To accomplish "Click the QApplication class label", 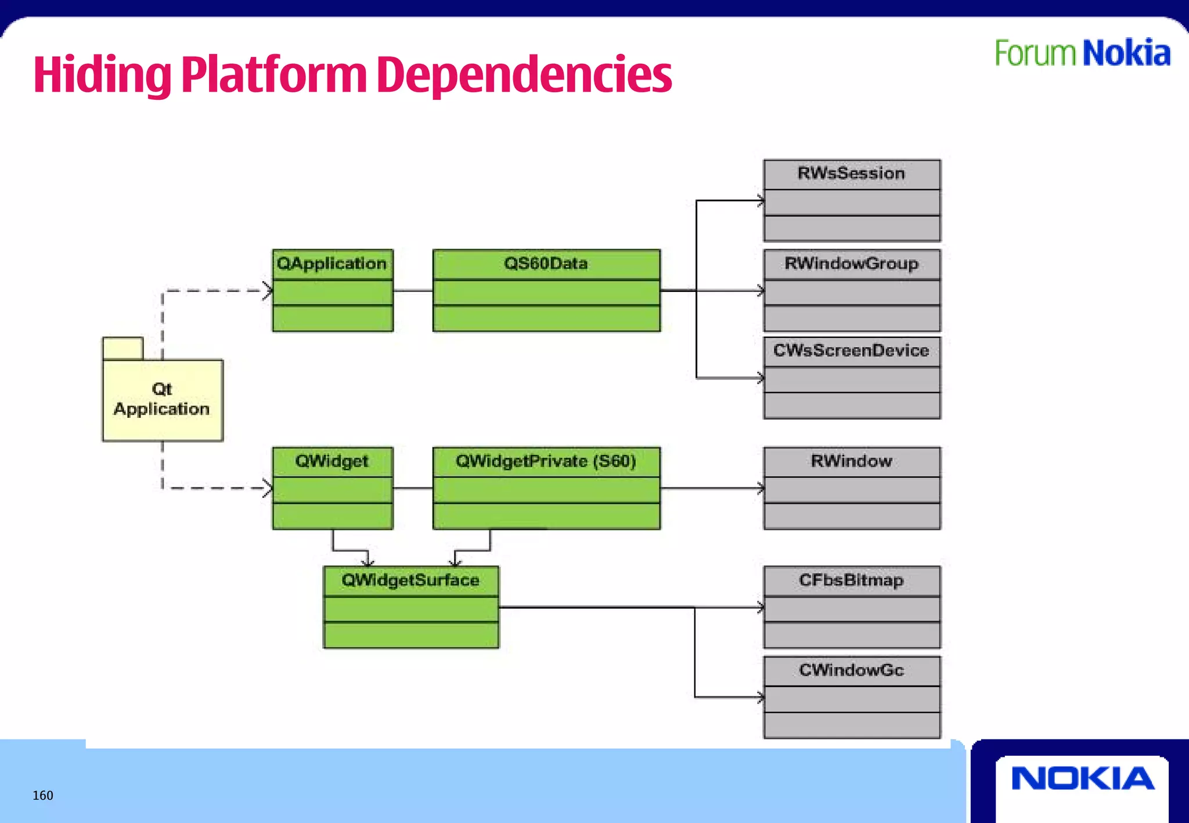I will click(332, 263).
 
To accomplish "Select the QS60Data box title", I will click(546, 263).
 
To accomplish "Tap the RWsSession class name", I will click(851, 173).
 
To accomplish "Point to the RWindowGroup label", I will click(851, 263).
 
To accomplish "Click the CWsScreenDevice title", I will click(851, 351).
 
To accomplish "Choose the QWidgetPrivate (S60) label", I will click(546, 461).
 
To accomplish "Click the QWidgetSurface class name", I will click(410, 580).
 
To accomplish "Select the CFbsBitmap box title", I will click(851, 580).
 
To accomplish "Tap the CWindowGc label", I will click(851, 670).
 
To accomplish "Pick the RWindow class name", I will click(851, 461).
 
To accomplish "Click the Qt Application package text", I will click(161, 399).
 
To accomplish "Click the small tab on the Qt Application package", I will click(122, 348).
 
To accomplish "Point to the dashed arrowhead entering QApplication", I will click(268, 290).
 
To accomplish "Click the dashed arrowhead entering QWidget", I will click(268, 488).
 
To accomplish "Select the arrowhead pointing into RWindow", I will click(761, 488).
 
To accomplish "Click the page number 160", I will click(43, 795).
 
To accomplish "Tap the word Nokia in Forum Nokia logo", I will click(1126, 53).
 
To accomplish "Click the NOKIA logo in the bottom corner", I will click(1083, 778).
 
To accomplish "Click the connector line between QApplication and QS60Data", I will click(413, 290).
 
